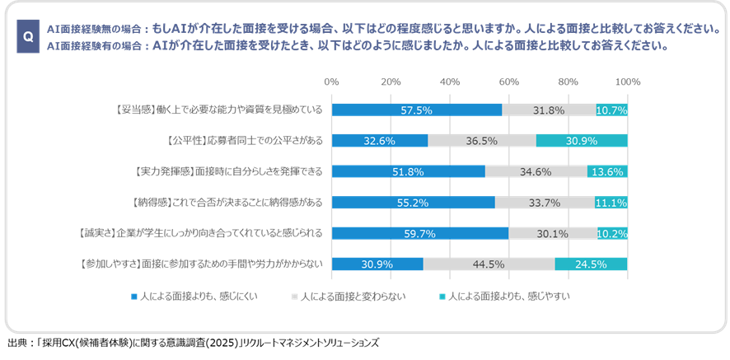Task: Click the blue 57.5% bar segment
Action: pyautogui.click(x=416, y=110)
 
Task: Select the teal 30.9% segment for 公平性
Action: pyautogui.click(x=582, y=141)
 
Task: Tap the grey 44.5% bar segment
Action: pyautogui.click(x=489, y=264)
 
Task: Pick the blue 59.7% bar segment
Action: pyautogui.click(x=419, y=233)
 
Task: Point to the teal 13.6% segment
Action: pyautogui.click(x=607, y=171)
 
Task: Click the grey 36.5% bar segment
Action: pyautogui.click(x=482, y=141)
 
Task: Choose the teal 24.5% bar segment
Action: pyautogui.click(x=591, y=264)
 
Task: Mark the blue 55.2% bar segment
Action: pyautogui.click(x=413, y=202)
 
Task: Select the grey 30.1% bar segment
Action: pyautogui.click(x=553, y=233)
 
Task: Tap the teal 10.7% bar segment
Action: pyautogui.click(x=611, y=110)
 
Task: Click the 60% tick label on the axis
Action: pyautogui.click(x=508, y=82)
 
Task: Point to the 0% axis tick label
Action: pyautogui.click(x=331, y=82)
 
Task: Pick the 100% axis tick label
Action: pyautogui.click(x=628, y=82)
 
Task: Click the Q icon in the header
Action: pyautogui.click(x=28, y=37)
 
